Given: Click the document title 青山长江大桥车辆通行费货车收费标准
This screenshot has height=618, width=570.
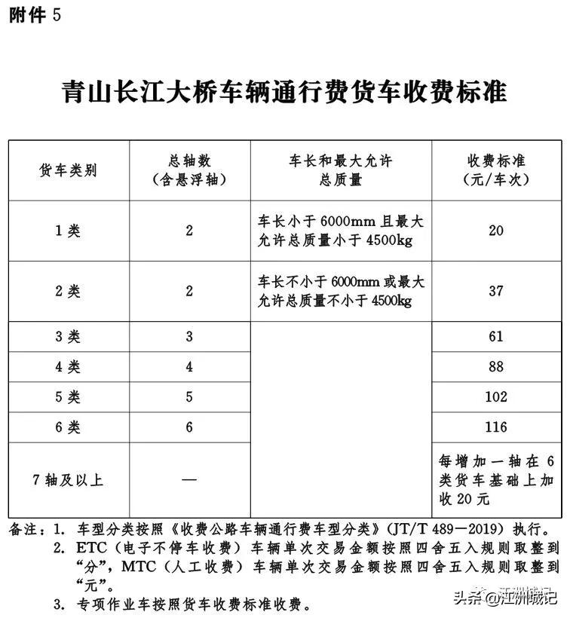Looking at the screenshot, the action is (x=284, y=93).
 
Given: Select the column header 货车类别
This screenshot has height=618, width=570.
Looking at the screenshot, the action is (x=68, y=170).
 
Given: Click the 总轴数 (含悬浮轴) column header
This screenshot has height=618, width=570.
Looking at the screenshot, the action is (x=189, y=170).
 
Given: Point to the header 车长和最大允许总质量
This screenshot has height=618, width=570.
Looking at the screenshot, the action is (x=341, y=170).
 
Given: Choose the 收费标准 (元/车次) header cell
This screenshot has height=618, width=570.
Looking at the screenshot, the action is (x=495, y=170).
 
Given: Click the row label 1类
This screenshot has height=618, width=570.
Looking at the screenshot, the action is (x=68, y=231).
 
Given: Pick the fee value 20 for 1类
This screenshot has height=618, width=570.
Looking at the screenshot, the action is (x=495, y=231).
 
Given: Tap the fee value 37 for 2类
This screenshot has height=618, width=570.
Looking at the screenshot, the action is (x=495, y=291).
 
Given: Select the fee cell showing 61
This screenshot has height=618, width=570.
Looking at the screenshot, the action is (x=495, y=337).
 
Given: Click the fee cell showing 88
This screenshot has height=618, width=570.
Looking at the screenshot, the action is (x=495, y=367).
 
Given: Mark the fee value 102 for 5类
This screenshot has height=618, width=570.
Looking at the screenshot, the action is (x=495, y=397).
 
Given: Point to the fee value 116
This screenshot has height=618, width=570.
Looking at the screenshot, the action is (x=495, y=427).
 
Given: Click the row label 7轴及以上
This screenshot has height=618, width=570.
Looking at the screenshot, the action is (x=68, y=479).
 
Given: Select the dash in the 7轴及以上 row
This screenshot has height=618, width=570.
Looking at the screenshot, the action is (x=189, y=479).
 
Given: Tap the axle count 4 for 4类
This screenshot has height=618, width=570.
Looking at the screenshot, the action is (x=189, y=367).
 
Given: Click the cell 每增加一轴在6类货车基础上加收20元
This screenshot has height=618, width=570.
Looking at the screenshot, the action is (x=495, y=479).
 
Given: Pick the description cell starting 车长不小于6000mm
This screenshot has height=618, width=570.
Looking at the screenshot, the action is (x=341, y=291).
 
